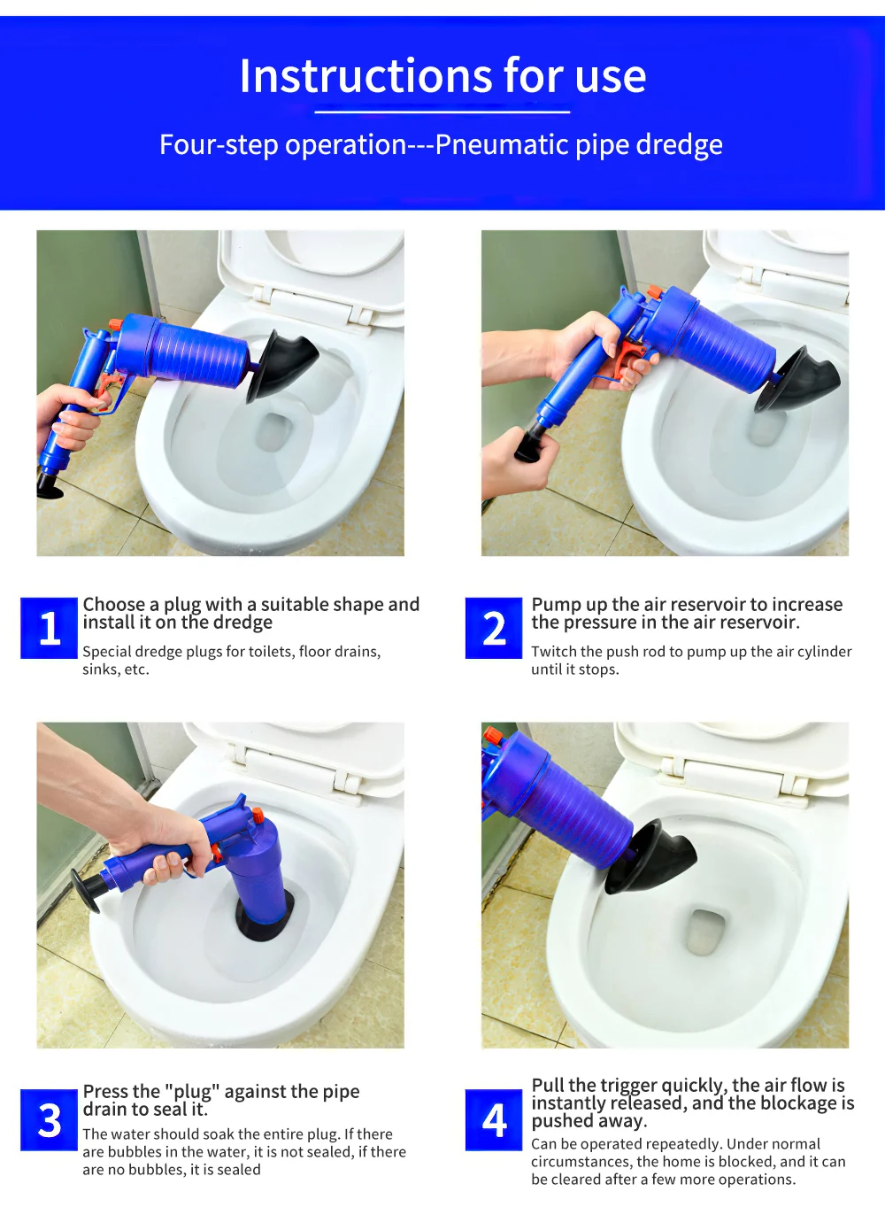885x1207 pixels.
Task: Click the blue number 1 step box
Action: pos(49,628)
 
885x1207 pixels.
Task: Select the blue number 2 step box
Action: pos(494,628)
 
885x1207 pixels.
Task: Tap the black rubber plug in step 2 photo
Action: pos(796,380)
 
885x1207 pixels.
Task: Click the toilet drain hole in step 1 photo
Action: pos(273,432)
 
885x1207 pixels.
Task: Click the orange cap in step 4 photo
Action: pos(493,735)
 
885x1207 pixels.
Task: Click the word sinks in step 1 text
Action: pos(101,669)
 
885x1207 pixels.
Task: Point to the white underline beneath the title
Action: pos(442,112)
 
